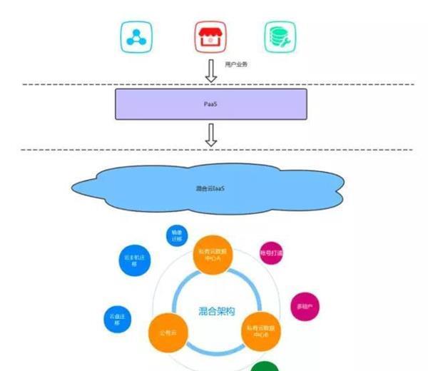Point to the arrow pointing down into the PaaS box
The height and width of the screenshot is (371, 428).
pos(210,71)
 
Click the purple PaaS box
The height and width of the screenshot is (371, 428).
pos(211,104)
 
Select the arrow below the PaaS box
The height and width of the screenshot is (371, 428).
pos(210,134)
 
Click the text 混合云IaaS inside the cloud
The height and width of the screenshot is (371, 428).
pos(211,188)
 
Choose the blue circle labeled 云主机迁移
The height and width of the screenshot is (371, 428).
pos(133,262)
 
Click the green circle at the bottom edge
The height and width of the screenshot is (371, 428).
pos(265,366)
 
